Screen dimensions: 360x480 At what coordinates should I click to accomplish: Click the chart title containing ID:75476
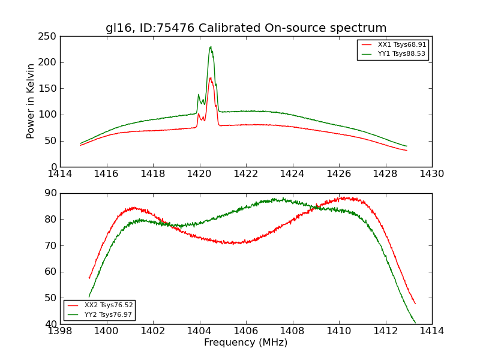[246, 28]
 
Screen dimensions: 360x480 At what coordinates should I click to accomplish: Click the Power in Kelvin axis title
[31, 101]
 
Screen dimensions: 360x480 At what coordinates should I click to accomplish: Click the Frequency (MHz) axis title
[246, 343]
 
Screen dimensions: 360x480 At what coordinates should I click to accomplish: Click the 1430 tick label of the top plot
[431, 174]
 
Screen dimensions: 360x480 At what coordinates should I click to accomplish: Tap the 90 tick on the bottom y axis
[50, 193]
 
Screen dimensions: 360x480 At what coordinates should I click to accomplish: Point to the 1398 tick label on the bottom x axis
[60, 331]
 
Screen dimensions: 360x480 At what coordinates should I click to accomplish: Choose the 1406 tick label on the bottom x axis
[246, 331]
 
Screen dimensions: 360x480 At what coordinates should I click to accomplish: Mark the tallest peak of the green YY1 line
[210, 47]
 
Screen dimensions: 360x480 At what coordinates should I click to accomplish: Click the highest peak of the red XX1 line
[210, 77]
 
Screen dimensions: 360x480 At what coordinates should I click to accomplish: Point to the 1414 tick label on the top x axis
[60, 174]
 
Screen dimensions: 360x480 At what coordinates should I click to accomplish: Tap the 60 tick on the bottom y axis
[50, 272]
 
